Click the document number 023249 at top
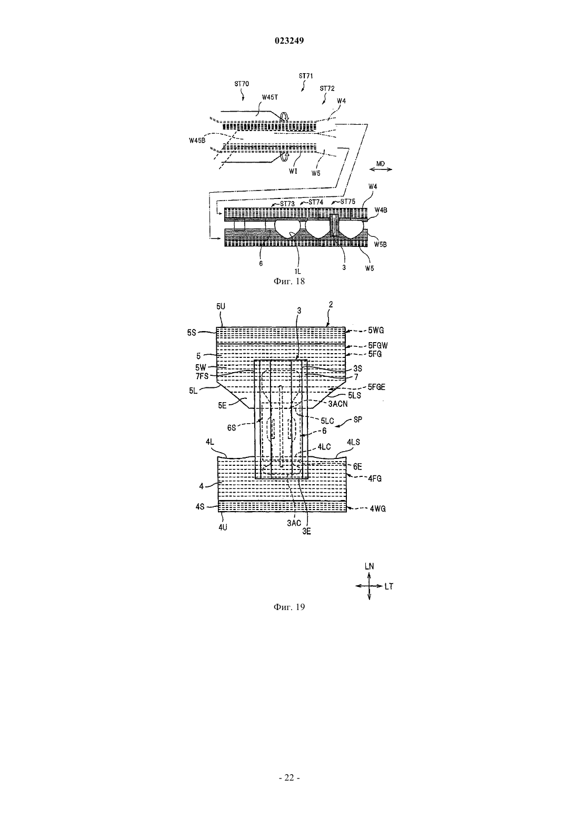pos(289,41)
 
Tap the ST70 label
pos(242,84)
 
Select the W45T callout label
pos(269,97)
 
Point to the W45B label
pos(197,141)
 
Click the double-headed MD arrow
pos(381,169)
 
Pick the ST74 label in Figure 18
pos(316,202)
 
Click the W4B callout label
pos(381,210)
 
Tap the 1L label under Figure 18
pos(297,272)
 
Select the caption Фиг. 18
pos(289,281)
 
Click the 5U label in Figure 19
pos(221,306)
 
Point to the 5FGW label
pos(378,345)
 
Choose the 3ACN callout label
pos(338,404)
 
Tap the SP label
pos(358,420)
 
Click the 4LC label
pos(324,447)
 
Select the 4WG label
pos(377,508)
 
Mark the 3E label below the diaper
pos(306,532)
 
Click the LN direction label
pos(369,566)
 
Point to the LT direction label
pos(388,586)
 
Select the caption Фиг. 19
pos(289,607)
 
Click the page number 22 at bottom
pos(289,778)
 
